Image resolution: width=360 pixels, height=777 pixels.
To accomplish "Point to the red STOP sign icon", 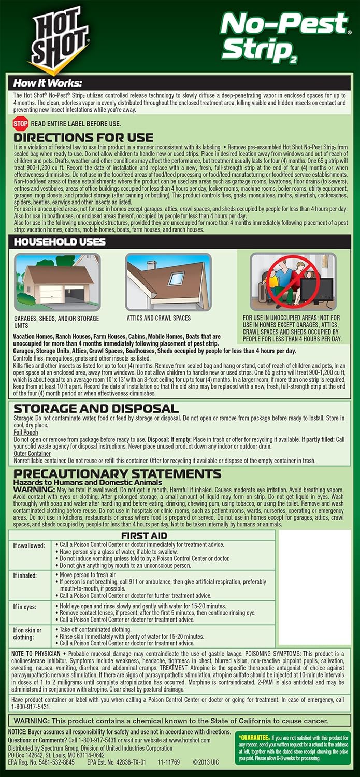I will [x=20, y=124].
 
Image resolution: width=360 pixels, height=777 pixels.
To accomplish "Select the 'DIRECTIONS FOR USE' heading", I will [x=83, y=137].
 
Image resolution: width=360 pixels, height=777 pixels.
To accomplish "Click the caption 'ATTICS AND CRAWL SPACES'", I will [x=159, y=318].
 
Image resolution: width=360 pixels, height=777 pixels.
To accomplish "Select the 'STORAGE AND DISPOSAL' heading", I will [x=96, y=408].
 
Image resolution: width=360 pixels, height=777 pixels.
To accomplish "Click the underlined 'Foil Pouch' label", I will [x=26, y=432].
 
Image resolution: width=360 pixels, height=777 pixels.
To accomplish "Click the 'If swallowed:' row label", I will [x=28, y=546].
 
